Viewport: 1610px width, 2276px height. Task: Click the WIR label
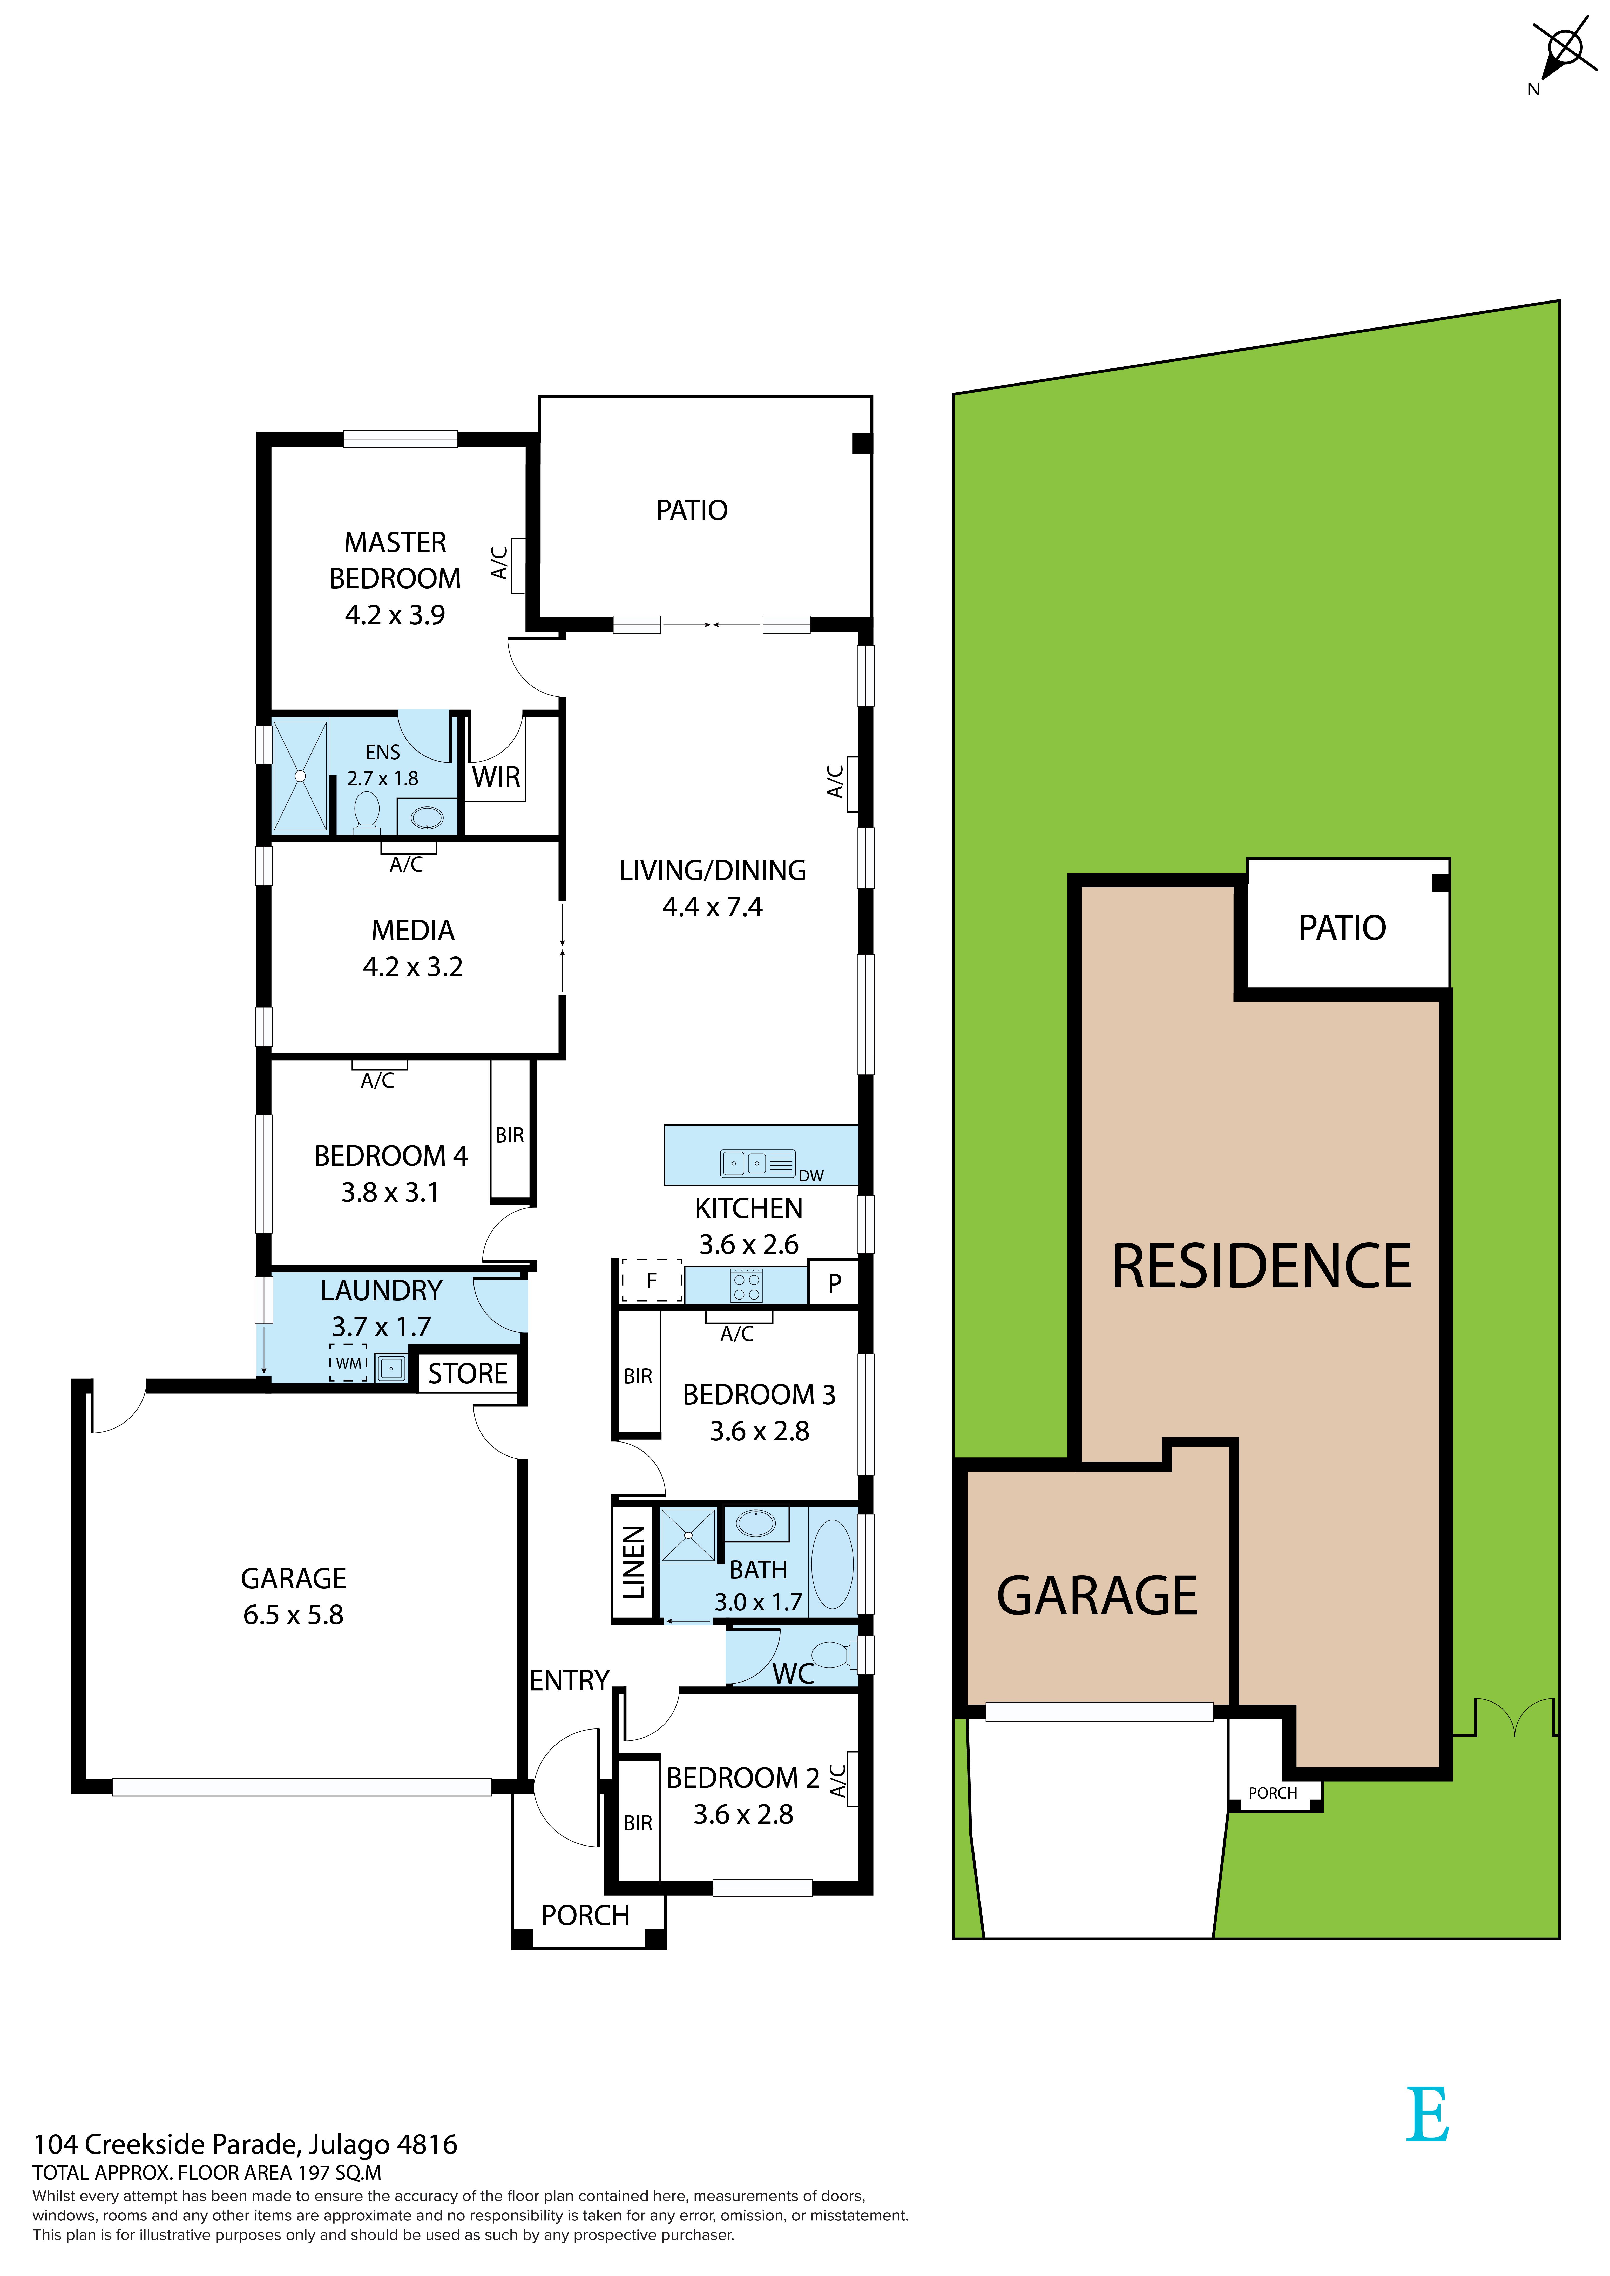(x=496, y=777)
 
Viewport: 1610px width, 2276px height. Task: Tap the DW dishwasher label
(x=811, y=1176)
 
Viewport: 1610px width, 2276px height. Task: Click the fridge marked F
(x=651, y=1281)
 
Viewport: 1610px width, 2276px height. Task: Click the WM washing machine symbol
(x=349, y=1363)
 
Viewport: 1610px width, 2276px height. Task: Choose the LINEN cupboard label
(x=633, y=1563)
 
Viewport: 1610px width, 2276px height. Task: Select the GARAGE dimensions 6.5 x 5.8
(x=293, y=1615)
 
